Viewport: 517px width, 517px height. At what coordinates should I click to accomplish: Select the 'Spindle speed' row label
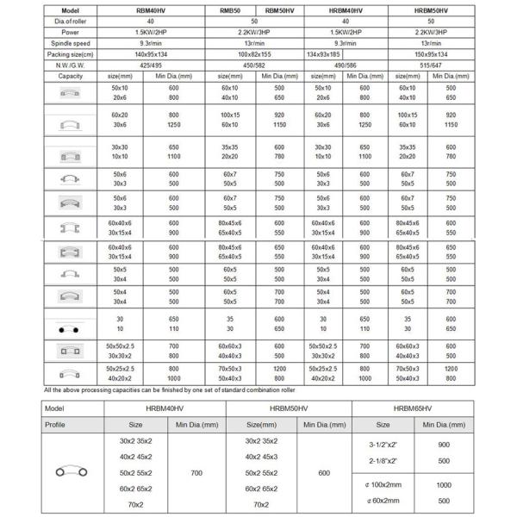[71, 40]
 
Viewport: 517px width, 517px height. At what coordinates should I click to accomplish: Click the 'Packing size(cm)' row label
[71, 52]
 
